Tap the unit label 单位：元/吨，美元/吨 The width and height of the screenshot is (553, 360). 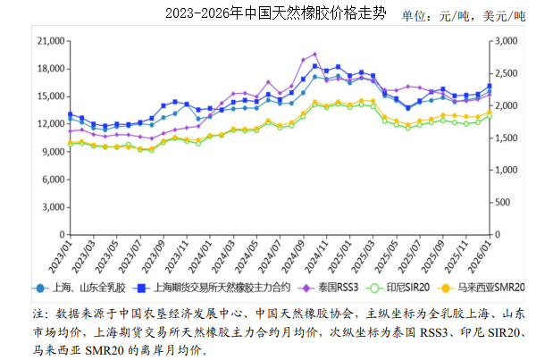[x=464, y=15]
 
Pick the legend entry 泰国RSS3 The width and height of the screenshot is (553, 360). [x=337, y=288]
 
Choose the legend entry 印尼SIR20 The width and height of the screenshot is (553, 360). [x=406, y=288]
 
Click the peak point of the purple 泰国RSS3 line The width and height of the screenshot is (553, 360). [x=314, y=54]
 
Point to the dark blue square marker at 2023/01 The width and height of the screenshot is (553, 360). [x=70, y=114]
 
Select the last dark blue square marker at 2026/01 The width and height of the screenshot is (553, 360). [x=489, y=87]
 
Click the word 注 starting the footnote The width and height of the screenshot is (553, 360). [x=38, y=314]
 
